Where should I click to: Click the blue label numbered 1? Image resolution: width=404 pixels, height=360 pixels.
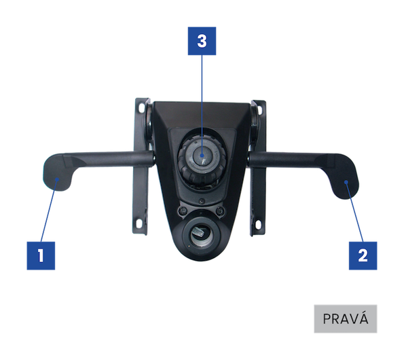pos(41,255)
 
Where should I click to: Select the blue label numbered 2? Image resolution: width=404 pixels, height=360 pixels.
pos(363,255)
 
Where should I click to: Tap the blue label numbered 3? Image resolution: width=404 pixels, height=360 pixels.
pos(202,41)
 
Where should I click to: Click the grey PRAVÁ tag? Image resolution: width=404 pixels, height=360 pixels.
pos(345,319)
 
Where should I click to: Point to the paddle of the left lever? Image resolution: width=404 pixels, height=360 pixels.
pos(58,173)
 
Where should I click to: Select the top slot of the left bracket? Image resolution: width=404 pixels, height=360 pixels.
pos(141,107)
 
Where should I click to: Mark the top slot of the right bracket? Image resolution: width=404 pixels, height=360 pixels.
pos(259,110)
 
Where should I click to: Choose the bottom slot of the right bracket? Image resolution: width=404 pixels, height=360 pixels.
pos(258,223)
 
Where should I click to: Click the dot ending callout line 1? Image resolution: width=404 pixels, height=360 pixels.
pos(58,179)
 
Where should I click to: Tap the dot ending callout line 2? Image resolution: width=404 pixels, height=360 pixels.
pos(346,182)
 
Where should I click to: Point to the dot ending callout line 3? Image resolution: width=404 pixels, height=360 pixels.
pos(202,155)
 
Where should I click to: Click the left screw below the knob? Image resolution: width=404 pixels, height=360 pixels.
pos(183,211)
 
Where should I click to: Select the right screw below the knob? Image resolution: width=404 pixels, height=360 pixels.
pos(220,211)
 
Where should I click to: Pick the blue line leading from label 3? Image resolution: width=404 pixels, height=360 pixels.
pos(202,105)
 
